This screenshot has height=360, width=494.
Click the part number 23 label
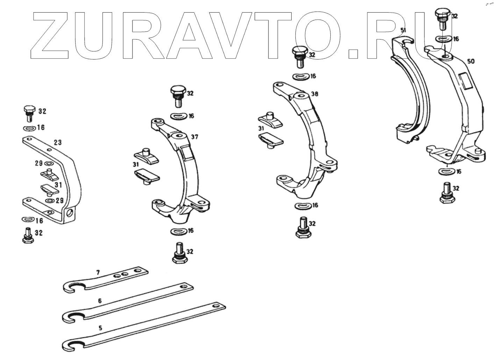click(57, 142)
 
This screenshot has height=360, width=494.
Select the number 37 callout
click(194, 137)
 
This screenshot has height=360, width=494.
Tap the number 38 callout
click(314, 94)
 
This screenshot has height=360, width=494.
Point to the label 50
click(471, 61)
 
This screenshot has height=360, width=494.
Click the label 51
click(403, 31)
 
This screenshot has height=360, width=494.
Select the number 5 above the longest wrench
click(100, 328)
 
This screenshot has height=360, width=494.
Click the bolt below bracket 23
click(28, 236)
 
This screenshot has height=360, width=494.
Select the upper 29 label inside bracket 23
click(38, 163)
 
